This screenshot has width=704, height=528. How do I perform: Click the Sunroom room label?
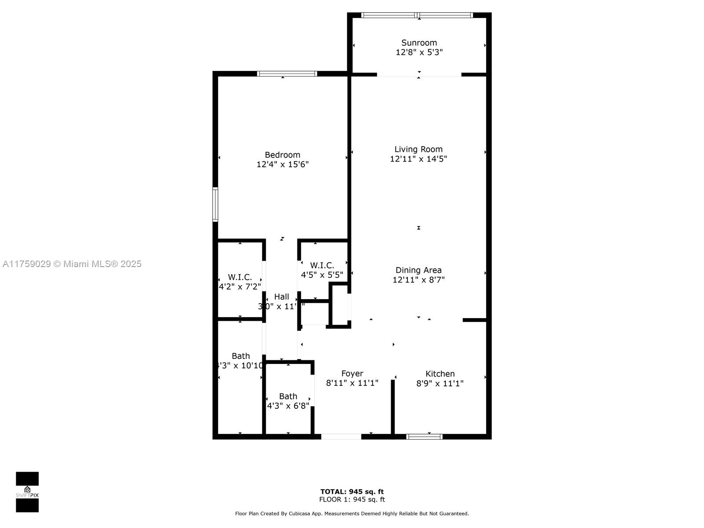click(x=419, y=43)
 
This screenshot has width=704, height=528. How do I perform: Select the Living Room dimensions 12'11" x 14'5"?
click(x=418, y=159)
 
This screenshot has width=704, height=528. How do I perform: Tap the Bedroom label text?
click(x=282, y=155)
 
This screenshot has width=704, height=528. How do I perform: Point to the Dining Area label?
click(x=418, y=270)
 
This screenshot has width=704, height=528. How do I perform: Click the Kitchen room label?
click(x=440, y=374)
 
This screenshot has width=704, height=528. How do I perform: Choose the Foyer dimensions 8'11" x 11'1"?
click(x=352, y=383)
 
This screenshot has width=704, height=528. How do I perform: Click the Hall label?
click(x=282, y=297)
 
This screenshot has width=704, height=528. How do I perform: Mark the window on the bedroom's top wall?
click(x=287, y=73)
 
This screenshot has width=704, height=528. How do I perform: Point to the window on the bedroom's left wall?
click(x=215, y=204)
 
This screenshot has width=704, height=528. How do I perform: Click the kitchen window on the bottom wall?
click(x=424, y=436)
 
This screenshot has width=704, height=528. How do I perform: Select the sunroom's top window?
click(x=417, y=15)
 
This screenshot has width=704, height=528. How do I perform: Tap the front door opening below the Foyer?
click(x=341, y=436)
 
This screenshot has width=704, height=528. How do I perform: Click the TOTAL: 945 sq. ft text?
click(x=352, y=491)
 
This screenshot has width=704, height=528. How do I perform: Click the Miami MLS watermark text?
click(x=72, y=264)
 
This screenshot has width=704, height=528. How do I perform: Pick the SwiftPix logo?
click(x=27, y=492)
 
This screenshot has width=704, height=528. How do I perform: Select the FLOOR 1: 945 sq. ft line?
click(x=352, y=499)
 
